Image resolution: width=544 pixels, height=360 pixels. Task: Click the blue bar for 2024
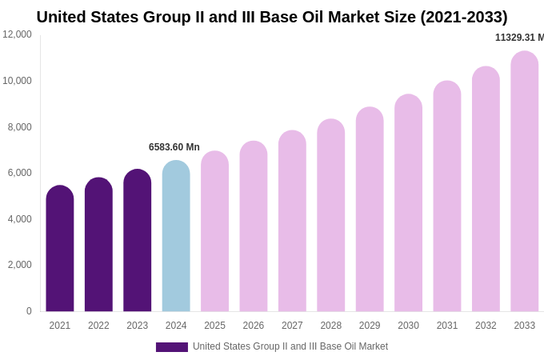[x=176, y=236]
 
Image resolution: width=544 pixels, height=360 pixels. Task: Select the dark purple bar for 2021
[x=60, y=248]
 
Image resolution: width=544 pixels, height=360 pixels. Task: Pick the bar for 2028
[x=331, y=215]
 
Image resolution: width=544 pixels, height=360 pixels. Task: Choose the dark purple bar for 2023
[x=138, y=240]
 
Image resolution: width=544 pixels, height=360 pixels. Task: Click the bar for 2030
[x=408, y=203]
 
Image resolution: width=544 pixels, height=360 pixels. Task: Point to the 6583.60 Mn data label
[x=174, y=147]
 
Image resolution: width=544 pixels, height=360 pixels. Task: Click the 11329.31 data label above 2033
[x=519, y=38]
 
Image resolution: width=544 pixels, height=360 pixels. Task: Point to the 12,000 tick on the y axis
[x=17, y=34]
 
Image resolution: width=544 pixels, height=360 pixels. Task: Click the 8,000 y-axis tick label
[x=20, y=126]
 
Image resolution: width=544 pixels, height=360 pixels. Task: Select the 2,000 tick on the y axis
[x=20, y=265]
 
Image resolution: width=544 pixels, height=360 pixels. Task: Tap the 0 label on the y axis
[x=29, y=311]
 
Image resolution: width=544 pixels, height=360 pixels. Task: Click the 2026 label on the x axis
[x=254, y=326]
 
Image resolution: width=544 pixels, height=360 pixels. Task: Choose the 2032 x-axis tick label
[x=486, y=326]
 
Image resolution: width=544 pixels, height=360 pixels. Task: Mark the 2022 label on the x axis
[x=98, y=326]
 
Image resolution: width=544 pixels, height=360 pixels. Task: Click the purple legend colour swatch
[x=172, y=347]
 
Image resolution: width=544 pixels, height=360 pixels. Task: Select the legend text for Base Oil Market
[x=290, y=346]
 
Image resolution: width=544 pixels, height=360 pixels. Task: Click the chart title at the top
[x=272, y=17]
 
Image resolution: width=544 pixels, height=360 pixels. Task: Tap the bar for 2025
[x=214, y=231]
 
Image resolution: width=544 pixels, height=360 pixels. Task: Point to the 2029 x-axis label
[x=370, y=326]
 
